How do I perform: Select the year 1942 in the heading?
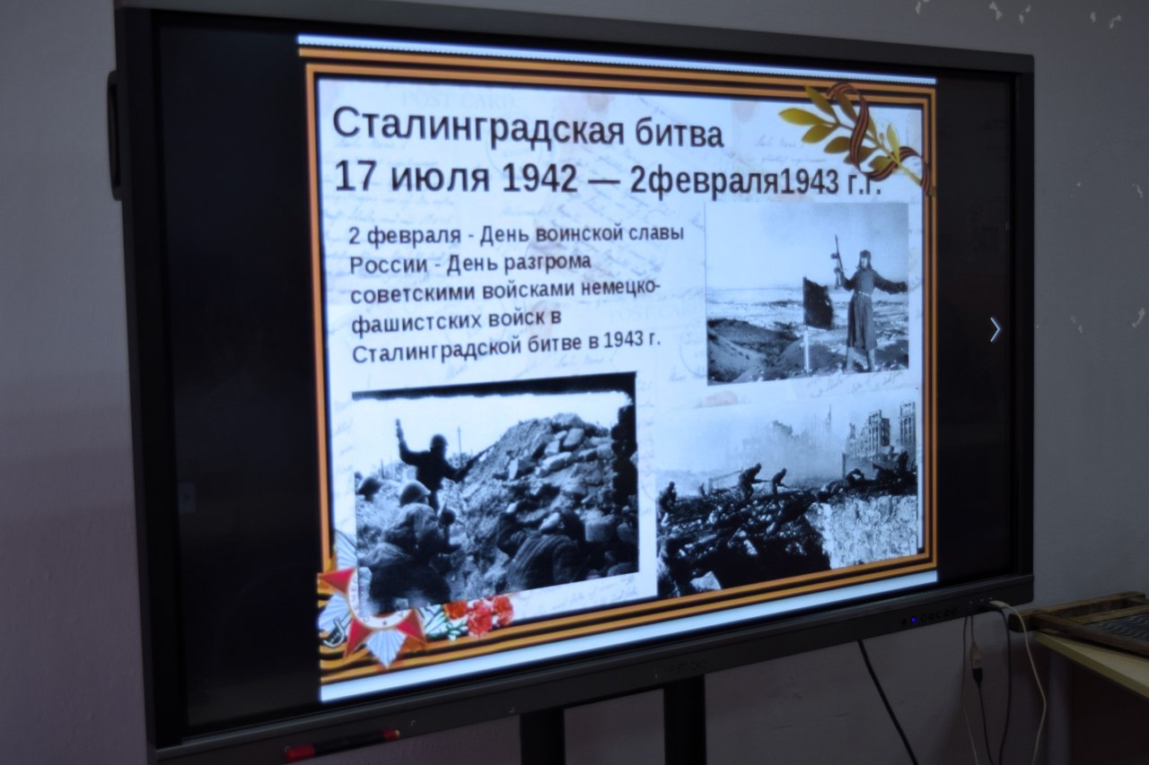coord(539,178)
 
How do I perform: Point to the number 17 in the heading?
coord(357,177)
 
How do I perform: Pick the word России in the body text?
coord(389,265)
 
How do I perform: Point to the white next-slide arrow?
coord(996,329)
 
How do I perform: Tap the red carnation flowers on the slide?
coord(478,616)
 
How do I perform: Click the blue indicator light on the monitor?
coord(914,621)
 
